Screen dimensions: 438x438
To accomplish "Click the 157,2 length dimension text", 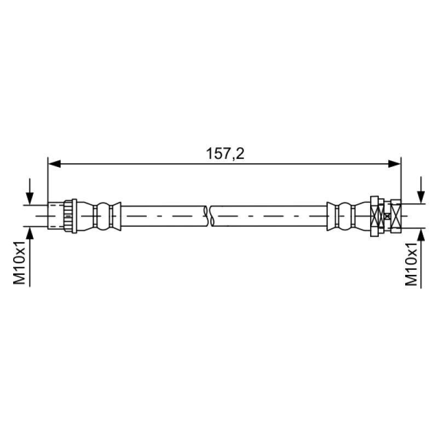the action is coord(225,154).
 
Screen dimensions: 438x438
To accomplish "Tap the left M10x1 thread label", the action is coord(20,262).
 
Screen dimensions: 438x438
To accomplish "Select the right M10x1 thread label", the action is coord(412,264).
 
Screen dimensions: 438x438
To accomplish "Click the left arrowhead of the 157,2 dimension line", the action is coord(54,164).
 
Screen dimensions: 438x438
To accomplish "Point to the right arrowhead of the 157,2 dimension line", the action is coord(395,164).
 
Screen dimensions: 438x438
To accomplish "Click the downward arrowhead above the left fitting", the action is coord(30,198).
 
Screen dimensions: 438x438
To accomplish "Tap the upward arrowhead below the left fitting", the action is coord(30,233).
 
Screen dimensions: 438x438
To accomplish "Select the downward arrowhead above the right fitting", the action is coord(421,197).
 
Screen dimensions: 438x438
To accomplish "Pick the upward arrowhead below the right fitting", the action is coord(421,234).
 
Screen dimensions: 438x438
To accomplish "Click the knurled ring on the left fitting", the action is coord(68,216).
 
